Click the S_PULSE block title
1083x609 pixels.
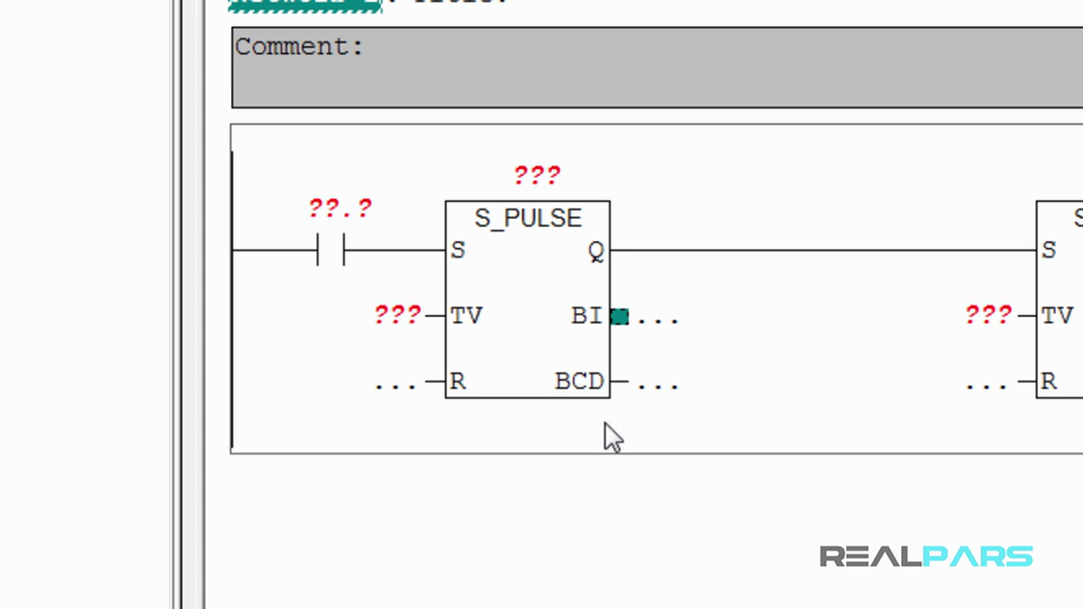[x=528, y=218]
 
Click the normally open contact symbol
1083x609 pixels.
[x=331, y=250]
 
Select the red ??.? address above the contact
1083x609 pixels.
[x=340, y=208]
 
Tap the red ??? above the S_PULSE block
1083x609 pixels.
[x=537, y=175]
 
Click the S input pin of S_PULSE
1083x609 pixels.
[x=458, y=250]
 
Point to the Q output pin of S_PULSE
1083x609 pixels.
[x=596, y=251]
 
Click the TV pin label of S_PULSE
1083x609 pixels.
[x=466, y=315]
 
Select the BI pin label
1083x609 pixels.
[x=586, y=315]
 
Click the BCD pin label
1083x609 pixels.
[x=580, y=381]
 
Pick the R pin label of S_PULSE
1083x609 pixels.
[x=458, y=381]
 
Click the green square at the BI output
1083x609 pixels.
[x=619, y=316]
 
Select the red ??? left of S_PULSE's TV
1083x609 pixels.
[x=398, y=315]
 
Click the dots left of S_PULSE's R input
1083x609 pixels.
[x=395, y=385]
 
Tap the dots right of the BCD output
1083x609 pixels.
[x=657, y=385]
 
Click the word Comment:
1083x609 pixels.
[x=299, y=47]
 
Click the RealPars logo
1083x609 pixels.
[x=926, y=557]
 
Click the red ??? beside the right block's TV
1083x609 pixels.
[x=988, y=315]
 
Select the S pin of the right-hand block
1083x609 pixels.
[x=1049, y=250]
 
